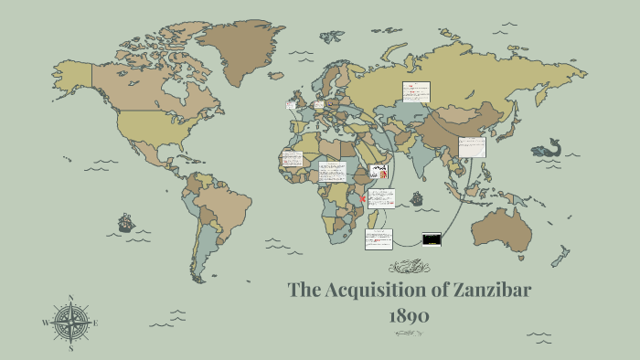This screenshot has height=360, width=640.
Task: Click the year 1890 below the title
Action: [x=409, y=315]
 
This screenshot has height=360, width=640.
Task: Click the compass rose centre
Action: [x=70, y=323]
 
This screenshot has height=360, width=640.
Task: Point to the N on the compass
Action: [x=70, y=298]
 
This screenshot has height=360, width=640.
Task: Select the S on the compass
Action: [x=70, y=348]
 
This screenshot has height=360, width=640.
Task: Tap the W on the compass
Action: [x=45, y=323]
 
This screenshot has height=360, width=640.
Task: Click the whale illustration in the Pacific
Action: [x=546, y=148]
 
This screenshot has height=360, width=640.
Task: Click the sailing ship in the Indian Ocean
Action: [x=417, y=197]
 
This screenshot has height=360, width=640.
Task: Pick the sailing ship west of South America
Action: [x=125, y=222]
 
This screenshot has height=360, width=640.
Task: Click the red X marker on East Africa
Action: [x=364, y=198]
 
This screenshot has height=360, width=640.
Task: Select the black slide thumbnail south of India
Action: [x=432, y=239]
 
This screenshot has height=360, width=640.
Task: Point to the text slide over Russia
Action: [x=416, y=92]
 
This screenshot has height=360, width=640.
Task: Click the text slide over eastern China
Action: [x=472, y=147]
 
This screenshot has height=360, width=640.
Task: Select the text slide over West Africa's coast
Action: [x=293, y=159]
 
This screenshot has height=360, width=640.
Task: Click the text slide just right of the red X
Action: [x=381, y=198]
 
